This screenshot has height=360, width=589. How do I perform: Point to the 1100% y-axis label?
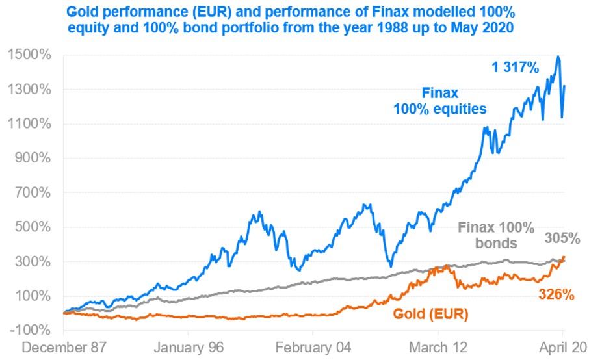click(x=29, y=123)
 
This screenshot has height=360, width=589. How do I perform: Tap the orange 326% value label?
click(x=556, y=294)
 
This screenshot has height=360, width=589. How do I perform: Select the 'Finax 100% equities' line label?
click(x=440, y=101)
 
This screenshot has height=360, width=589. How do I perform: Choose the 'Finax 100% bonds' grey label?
click(x=496, y=235)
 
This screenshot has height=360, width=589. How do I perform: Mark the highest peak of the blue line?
click(x=558, y=57)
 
